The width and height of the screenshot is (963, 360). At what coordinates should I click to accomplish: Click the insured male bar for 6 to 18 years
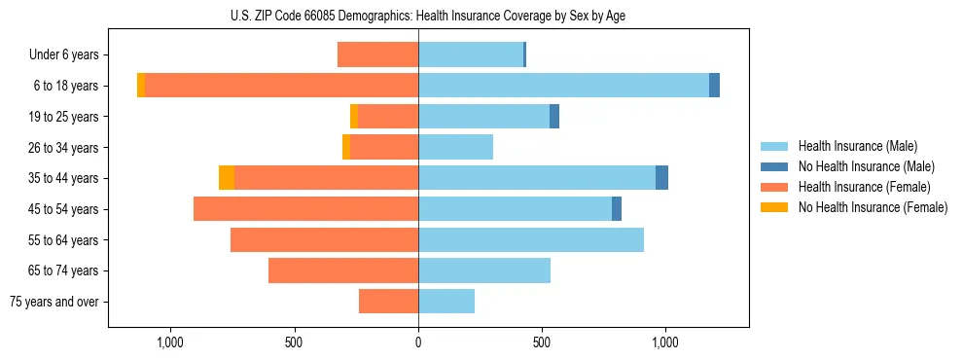tap(563, 86)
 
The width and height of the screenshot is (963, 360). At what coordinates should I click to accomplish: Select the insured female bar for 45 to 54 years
tap(305, 209)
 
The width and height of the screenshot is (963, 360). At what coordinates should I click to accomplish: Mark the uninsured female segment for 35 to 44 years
tap(227, 178)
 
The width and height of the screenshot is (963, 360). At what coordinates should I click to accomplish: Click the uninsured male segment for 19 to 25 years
tap(554, 117)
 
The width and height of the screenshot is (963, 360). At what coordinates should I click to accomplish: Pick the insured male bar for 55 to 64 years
tap(531, 240)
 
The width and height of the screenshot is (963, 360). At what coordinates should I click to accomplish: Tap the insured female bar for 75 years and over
tap(388, 302)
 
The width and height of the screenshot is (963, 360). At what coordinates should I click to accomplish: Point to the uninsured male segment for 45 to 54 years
tap(617, 209)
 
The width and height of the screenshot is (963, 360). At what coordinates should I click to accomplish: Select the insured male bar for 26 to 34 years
tap(455, 147)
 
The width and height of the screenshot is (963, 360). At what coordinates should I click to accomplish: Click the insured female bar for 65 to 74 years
tap(343, 270)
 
